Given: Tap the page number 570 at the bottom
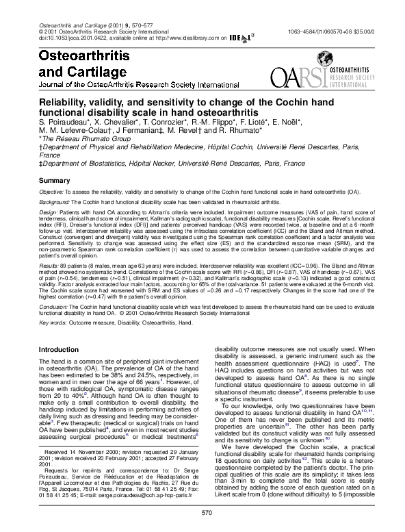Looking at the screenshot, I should tap(202, 512).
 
